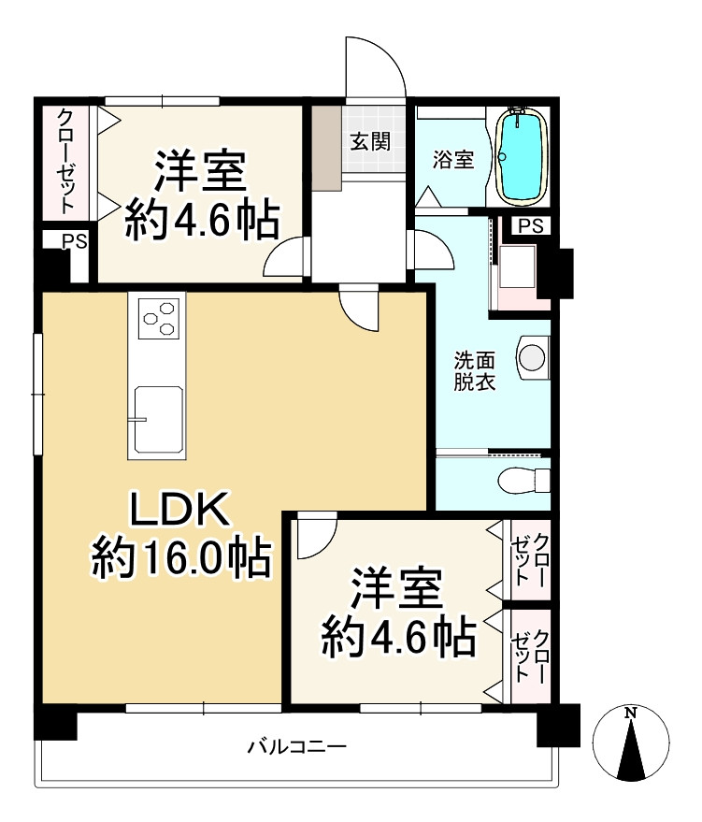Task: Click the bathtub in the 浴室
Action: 522,155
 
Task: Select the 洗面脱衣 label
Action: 475,370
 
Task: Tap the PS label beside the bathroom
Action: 530,225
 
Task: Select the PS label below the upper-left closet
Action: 74,241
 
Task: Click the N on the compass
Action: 631,714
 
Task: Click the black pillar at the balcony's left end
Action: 54,722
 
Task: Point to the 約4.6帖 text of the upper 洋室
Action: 202,220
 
